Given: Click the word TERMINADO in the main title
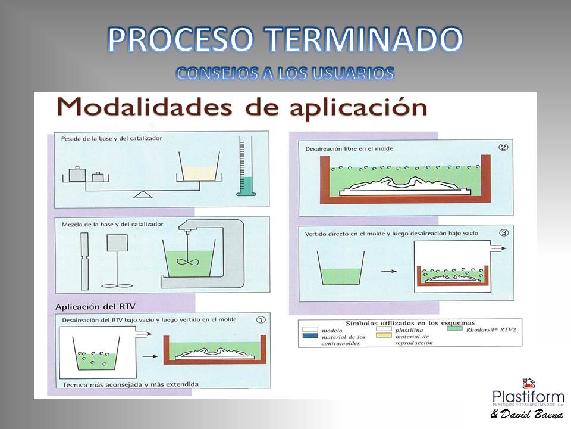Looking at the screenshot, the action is (363, 39).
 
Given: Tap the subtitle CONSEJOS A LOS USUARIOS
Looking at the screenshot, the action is (285, 73).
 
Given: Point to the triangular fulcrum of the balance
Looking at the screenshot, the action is (142, 194).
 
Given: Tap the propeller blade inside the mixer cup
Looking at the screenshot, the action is (187, 261).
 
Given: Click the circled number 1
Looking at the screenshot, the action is (261, 319).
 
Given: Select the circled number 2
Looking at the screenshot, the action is (503, 147).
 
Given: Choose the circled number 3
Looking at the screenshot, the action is (504, 233).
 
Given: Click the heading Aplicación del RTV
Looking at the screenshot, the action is (95, 307).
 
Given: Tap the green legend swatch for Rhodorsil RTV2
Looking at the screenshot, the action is (454, 329).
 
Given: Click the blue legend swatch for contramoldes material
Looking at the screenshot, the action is (310, 335).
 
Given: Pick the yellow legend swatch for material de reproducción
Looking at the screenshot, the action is (384, 335).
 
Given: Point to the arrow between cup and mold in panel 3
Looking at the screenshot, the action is (388, 271).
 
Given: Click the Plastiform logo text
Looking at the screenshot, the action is (528, 397).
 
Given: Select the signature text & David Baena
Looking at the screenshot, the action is (526, 414).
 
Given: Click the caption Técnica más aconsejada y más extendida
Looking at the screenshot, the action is (131, 384).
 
